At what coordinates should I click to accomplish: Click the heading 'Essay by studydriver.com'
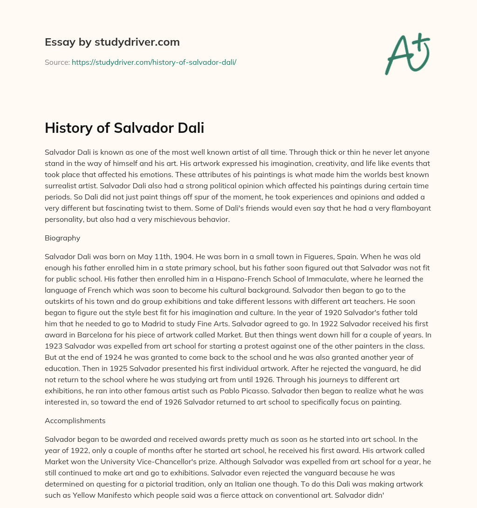pos(112,42)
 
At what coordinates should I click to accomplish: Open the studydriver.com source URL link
pos(154,62)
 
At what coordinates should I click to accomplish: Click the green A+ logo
pos(407,54)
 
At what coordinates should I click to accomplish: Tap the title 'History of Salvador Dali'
pos(124,128)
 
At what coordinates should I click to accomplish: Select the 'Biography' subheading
pos(62,238)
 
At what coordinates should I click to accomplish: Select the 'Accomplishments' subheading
pos(75,420)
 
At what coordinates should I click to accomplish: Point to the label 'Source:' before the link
pos(57,62)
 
